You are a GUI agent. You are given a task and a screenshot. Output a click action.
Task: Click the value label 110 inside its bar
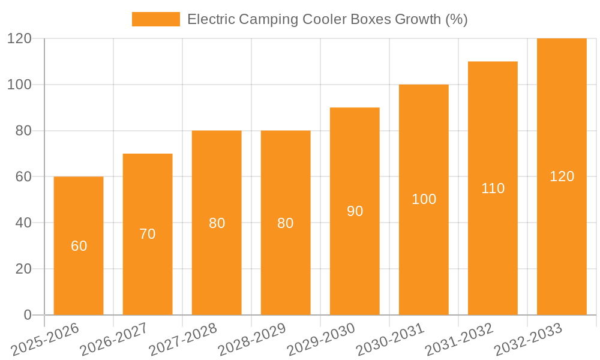coord(493,188)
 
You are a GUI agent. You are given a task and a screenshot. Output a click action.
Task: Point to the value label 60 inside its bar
coord(79,246)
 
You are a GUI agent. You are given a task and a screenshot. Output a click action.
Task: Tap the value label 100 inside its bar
coord(424,200)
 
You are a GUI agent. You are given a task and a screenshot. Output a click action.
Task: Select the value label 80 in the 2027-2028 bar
coord(217,223)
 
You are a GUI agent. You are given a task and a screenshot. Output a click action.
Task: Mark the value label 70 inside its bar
coord(148,234)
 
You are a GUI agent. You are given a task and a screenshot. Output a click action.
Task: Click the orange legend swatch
coord(155,19)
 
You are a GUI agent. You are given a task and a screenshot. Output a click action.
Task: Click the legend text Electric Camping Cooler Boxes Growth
coord(327,19)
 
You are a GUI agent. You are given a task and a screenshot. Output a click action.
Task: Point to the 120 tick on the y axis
coord(19,38)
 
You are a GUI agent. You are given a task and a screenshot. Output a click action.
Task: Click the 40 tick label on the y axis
coord(23,223)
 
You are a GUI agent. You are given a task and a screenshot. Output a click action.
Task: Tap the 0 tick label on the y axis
coord(28,315)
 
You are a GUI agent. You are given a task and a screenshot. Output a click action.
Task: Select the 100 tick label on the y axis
coord(19,85)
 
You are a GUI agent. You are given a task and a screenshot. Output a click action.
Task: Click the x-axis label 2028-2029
coord(252,339)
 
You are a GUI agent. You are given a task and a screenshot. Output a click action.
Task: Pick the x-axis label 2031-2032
coord(460,339)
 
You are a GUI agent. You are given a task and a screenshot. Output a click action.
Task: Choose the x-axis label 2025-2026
coord(45,339)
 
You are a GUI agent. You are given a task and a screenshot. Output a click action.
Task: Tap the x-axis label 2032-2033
coord(529,339)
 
